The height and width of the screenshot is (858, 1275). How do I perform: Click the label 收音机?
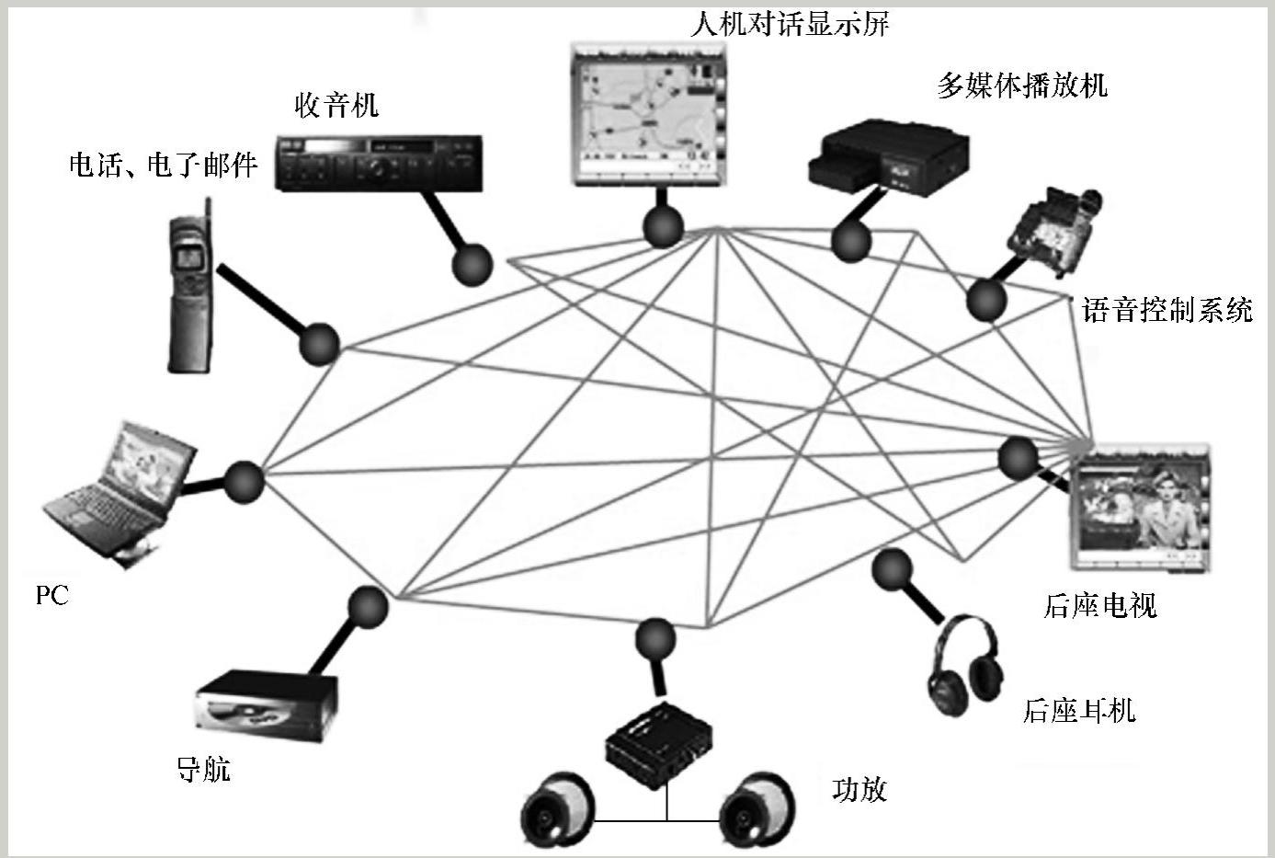tap(336, 105)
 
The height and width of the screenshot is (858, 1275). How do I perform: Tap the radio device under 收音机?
tap(379, 163)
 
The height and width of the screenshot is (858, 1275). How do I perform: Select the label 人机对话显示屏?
tap(790, 24)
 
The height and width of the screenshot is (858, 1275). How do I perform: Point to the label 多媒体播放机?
tap(1022, 86)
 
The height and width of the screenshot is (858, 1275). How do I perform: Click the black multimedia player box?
tap(886, 157)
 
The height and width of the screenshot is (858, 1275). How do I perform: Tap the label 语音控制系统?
tap(1167, 310)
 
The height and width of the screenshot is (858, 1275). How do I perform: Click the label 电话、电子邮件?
tap(164, 166)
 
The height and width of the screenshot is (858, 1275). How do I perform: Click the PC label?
tap(52, 595)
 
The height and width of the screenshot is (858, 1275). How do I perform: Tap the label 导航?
tap(204, 769)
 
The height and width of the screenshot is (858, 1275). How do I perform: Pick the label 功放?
tap(859, 788)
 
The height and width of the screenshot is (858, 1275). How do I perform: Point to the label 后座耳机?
tap(1079, 710)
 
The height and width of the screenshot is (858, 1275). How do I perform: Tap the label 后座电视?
tap(1100, 605)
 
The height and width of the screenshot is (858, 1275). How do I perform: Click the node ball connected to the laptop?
tap(244, 482)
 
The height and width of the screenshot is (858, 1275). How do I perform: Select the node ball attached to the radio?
tap(472, 264)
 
